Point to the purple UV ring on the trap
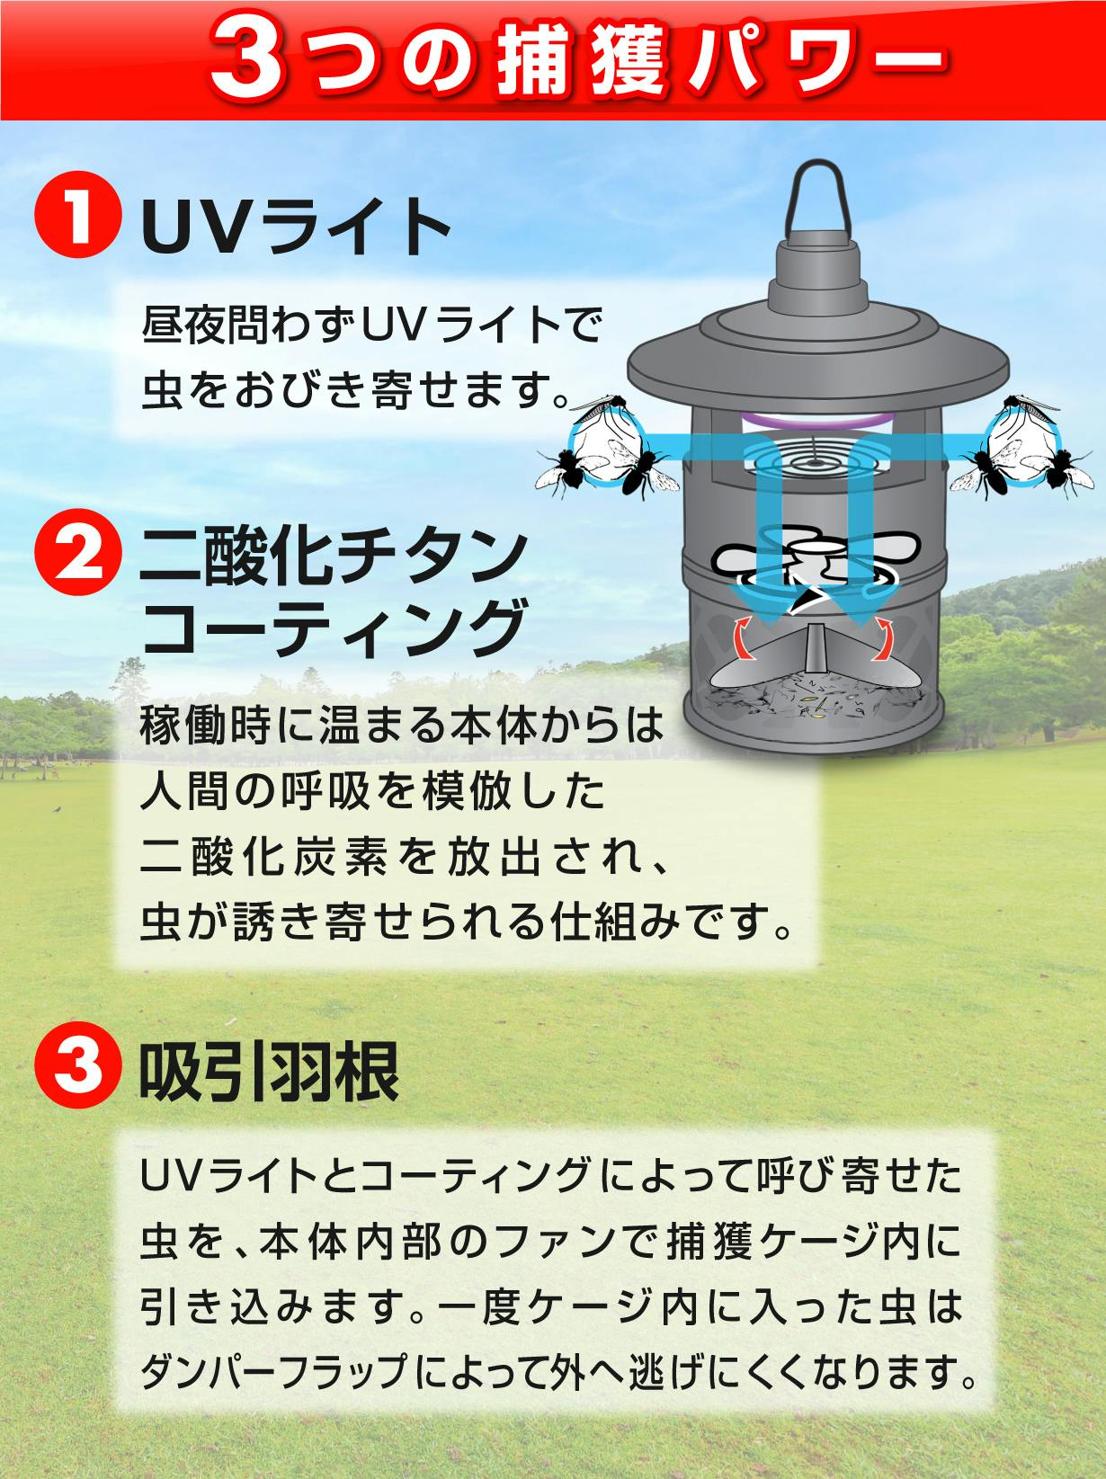click(816, 421)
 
